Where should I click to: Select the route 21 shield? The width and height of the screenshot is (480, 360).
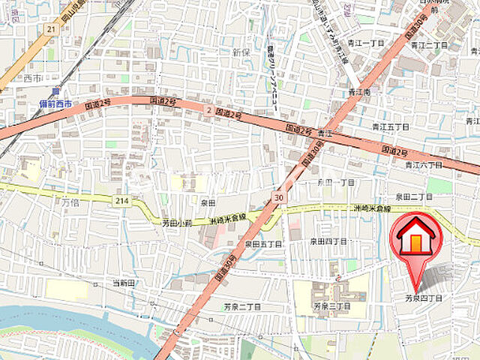(51, 28)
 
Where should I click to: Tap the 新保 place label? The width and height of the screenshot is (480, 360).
(241, 52)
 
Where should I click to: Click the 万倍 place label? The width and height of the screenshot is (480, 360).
(70, 202)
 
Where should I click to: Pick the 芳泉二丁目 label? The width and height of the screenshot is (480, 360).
(241, 307)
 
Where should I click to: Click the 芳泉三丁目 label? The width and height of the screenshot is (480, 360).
(332, 307)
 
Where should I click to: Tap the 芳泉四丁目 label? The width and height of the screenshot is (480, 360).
(424, 298)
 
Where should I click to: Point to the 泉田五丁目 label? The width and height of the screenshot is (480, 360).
(262, 244)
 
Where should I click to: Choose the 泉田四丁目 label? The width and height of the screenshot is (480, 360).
(328, 241)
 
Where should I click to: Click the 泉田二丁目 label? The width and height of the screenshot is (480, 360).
(414, 196)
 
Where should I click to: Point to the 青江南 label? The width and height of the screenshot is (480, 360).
(360, 92)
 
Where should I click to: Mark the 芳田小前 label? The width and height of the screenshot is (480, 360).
(177, 223)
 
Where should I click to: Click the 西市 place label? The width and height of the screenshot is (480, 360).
(33, 77)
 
